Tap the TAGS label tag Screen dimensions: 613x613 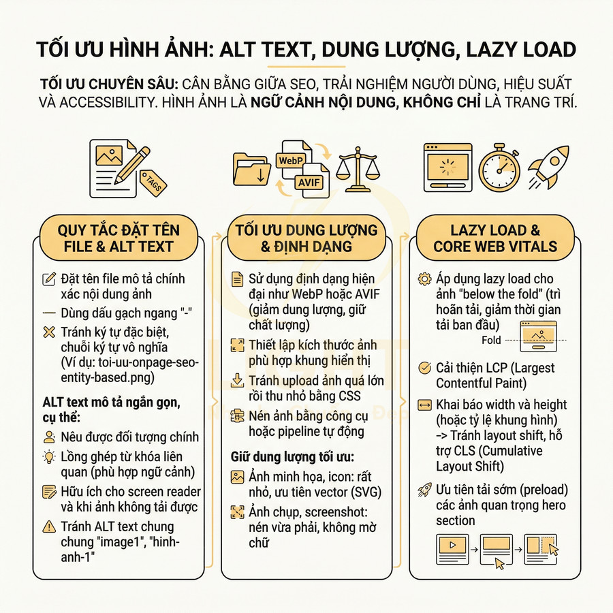pyautogui.click(x=153, y=184)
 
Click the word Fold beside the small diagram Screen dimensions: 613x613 pyautogui.click(x=490, y=340)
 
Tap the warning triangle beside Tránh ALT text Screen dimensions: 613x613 pyautogui.click(x=48, y=526)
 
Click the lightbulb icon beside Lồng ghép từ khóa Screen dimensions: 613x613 pyautogui.click(x=48, y=457)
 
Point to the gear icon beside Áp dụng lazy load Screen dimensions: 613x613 pyautogui.click(x=424, y=279)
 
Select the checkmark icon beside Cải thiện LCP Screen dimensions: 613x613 pyautogui.click(x=424, y=368)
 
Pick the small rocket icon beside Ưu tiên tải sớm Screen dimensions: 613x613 pyautogui.click(x=424, y=488)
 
